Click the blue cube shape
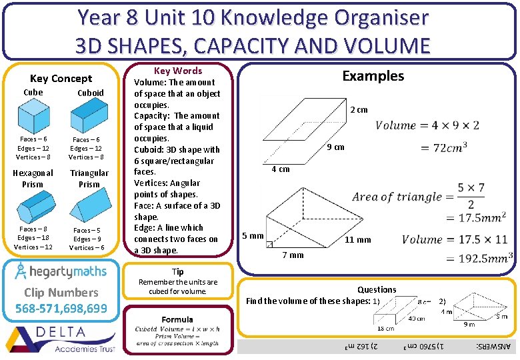[x=33, y=115]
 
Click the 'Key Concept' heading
[x=61, y=78]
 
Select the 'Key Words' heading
[x=178, y=71]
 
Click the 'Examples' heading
[x=373, y=75]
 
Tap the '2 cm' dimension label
[x=359, y=110]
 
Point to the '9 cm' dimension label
[x=335, y=147]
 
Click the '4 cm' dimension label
[x=280, y=169]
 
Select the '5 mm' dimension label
[x=253, y=236]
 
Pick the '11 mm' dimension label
[x=357, y=240]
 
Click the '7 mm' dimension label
[x=293, y=255]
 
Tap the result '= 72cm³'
[x=443, y=147]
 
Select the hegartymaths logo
[x=61, y=271]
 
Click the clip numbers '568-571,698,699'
[x=61, y=308]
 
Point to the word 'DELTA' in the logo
[x=61, y=331]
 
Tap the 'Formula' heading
[x=177, y=319]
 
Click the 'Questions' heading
[x=377, y=289]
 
